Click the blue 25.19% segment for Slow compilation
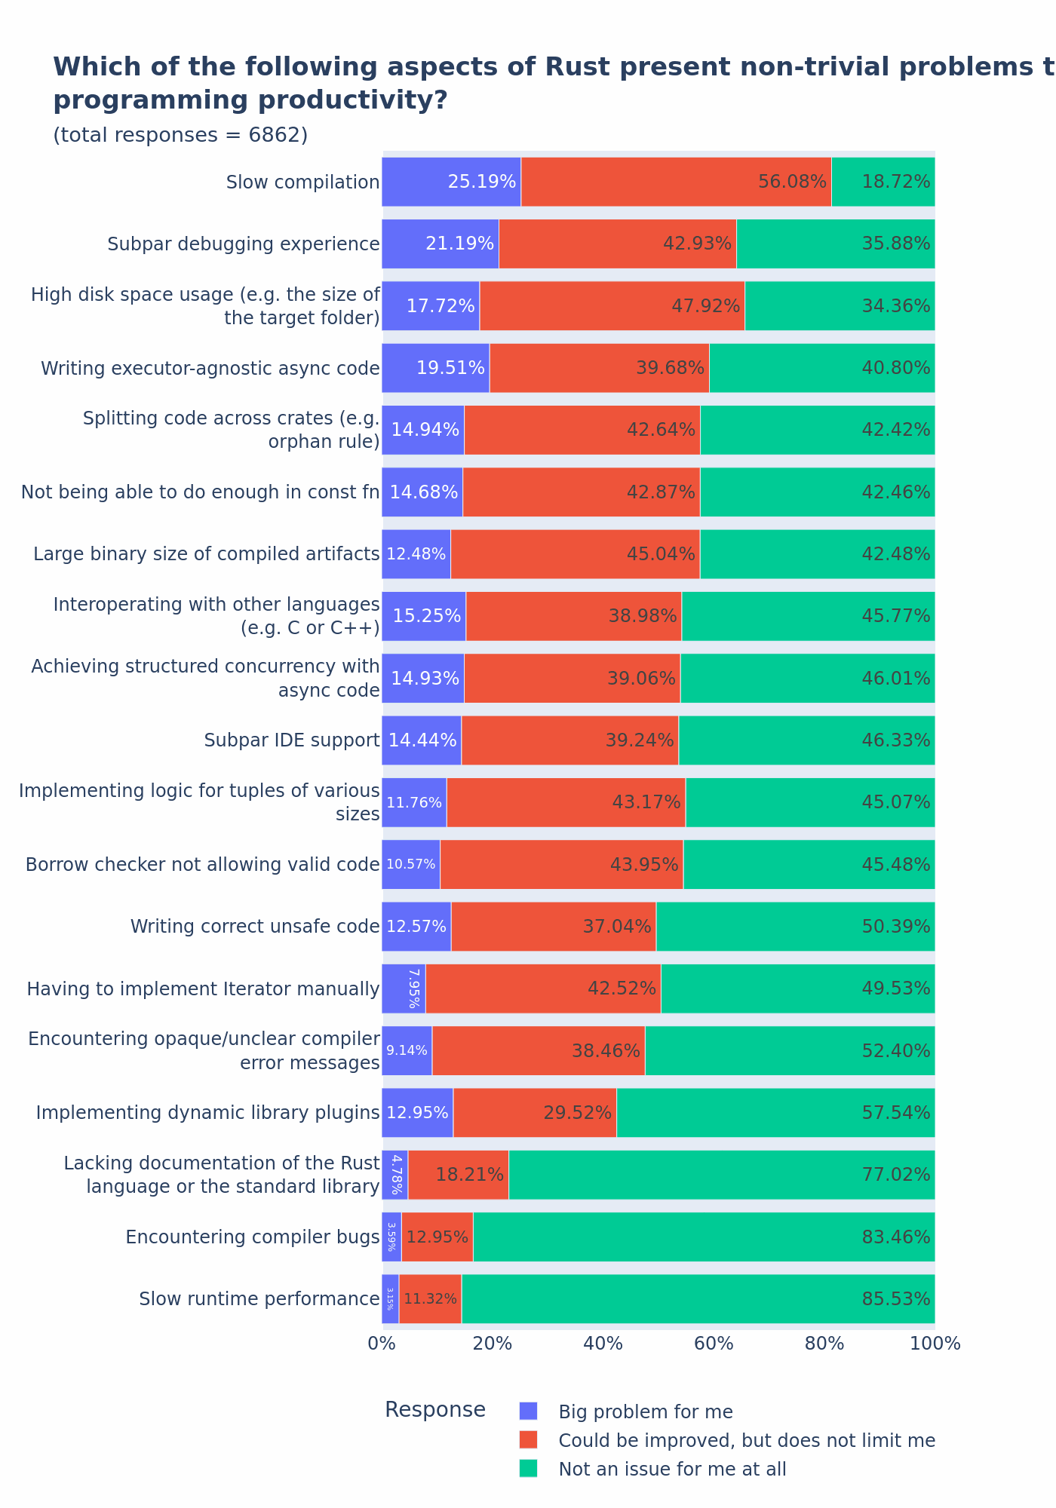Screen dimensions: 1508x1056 click(x=451, y=182)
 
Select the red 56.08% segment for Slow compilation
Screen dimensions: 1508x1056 click(x=676, y=182)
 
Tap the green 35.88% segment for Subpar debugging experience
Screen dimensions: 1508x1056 click(x=836, y=244)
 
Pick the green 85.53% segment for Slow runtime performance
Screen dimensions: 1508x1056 click(x=698, y=1299)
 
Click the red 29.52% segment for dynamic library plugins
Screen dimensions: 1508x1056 click(x=535, y=1113)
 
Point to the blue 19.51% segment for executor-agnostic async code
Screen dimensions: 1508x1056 click(x=435, y=368)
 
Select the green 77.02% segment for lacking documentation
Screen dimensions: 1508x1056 click(x=722, y=1175)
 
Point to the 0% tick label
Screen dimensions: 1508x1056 click(x=382, y=1344)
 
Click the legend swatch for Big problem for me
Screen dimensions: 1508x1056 click(x=529, y=1411)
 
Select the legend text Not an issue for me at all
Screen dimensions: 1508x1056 click(x=672, y=1469)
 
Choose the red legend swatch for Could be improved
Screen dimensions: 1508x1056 click(x=529, y=1440)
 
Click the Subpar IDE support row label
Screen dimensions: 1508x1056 click(x=292, y=740)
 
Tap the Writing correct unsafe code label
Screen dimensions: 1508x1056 click(x=255, y=927)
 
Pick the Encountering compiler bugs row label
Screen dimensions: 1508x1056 click(x=253, y=1237)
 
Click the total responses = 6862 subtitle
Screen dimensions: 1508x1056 click(x=180, y=135)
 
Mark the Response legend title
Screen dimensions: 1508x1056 click(x=435, y=1410)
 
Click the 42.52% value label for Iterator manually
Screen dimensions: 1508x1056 click(x=622, y=988)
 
